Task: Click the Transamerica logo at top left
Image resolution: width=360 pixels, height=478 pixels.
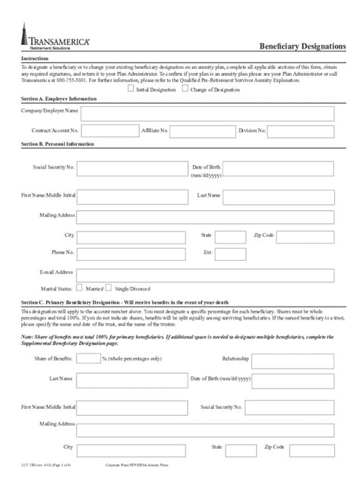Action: pyautogui.click(x=47, y=39)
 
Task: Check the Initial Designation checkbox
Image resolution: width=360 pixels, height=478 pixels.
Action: pyautogui.click(x=131, y=89)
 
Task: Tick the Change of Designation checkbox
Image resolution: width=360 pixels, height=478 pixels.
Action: pyautogui.click(x=184, y=89)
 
